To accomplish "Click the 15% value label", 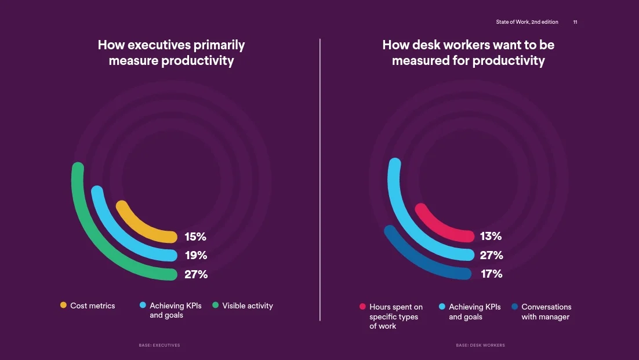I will coord(195,237).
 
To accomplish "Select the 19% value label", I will coord(195,255).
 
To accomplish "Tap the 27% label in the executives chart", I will coord(195,274).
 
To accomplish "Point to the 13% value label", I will coord(491,236).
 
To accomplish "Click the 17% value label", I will coord(491,274).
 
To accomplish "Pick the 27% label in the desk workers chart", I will coord(491,255).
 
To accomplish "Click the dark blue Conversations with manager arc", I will coord(417,261).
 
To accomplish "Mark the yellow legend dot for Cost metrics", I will coord(63,306).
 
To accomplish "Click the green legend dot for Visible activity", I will coord(215,306).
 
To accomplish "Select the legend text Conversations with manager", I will coord(546,312).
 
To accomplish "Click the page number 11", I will coord(575,22).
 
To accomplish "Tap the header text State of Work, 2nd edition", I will coord(527,22).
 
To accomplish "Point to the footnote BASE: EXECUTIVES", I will coord(159,345).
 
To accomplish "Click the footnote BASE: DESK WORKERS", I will coord(480,345).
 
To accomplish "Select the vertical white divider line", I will coord(319,180).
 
